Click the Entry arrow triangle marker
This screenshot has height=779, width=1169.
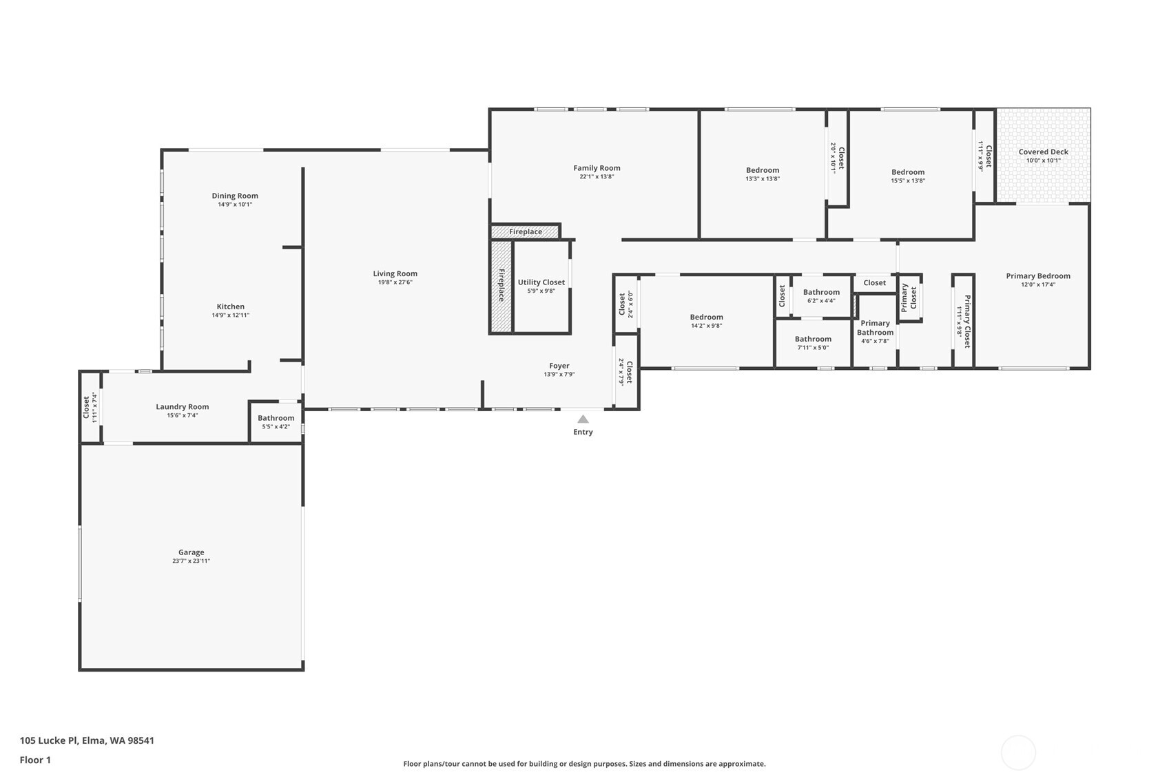pyautogui.click(x=583, y=419)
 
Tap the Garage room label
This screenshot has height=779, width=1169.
pyautogui.click(x=191, y=552)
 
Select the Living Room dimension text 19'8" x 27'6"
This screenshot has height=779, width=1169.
pyautogui.click(x=395, y=282)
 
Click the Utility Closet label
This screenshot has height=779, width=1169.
pyautogui.click(x=541, y=282)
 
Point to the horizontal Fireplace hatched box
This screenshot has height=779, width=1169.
pyautogui.click(x=525, y=232)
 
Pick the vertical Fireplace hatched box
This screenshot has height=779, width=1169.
pyautogui.click(x=501, y=285)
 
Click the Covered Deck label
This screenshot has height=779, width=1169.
pyautogui.click(x=1043, y=152)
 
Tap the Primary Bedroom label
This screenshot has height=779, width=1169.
pyautogui.click(x=1037, y=276)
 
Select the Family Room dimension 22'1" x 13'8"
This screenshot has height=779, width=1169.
pyautogui.click(x=597, y=177)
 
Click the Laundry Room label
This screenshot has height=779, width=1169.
pyautogui.click(x=182, y=407)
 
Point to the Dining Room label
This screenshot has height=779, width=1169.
pyautogui.click(x=235, y=196)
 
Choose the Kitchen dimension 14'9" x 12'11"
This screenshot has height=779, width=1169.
pyautogui.click(x=230, y=315)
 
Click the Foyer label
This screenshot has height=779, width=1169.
pyautogui.click(x=559, y=366)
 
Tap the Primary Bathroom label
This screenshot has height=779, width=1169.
pyautogui.click(x=875, y=328)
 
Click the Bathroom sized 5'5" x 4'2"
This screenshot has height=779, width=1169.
pyautogui.click(x=276, y=418)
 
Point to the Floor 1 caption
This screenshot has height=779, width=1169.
pyautogui.click(x=35, y=760)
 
